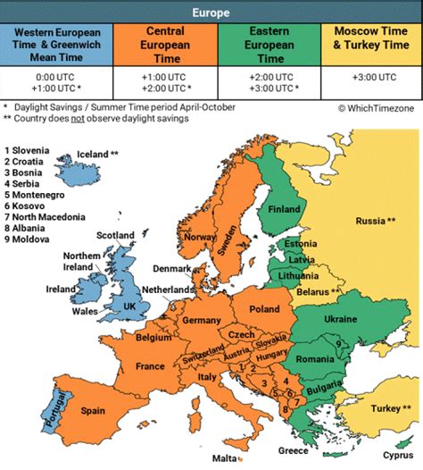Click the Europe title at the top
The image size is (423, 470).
click(x=211, y=13)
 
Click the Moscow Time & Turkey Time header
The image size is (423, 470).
click(x=370, y=44)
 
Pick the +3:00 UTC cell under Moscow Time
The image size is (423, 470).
click(x=370, y=79)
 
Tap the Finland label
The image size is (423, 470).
click(x=285, y=210)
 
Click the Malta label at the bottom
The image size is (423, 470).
click(x=225, y=458)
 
